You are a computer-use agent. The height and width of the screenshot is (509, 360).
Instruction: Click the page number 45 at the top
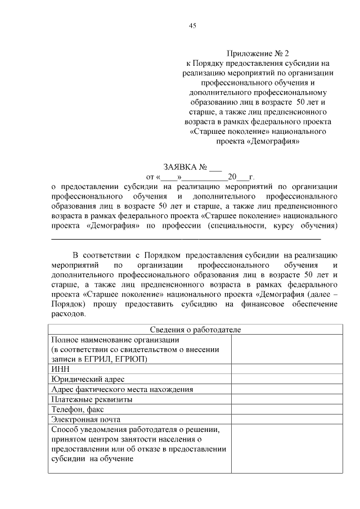pyautogui.click(x=192, y=26)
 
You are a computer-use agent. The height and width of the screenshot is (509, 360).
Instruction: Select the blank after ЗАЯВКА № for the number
pyautogui.click(x=215, y=168)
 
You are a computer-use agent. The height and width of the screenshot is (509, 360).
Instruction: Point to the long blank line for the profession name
pyautogui.click(x=186, y=239)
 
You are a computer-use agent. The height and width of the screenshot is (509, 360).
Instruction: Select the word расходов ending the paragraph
pyautogui.click(x=69, y=314)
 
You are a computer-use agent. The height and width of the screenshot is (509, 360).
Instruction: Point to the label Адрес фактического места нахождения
pyautogui.click(x=122, y=389)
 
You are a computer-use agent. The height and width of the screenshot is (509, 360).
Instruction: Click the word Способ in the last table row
pyautogui.click(x=65, y=430)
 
